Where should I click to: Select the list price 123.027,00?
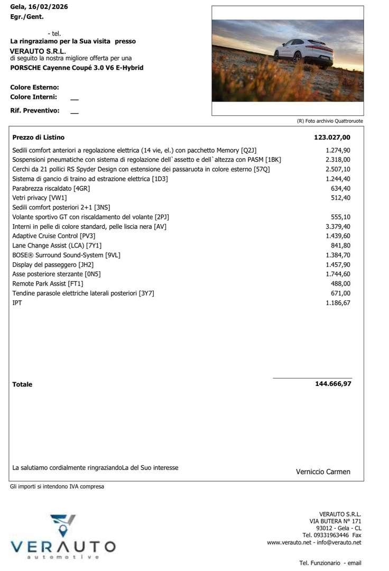point(332,137)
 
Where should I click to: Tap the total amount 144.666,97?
point(333,384)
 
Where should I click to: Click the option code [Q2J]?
point(248,150)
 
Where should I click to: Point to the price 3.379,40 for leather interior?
point(338,226)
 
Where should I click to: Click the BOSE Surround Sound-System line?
point(66,255)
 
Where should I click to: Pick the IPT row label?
point(17,302)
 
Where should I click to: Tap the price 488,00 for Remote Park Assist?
point(340,283)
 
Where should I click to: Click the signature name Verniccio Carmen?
point(323,472)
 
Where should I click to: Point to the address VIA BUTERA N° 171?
point(335,521)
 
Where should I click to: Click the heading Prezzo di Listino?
point(38,137)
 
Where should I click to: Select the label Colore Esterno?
point(34,87)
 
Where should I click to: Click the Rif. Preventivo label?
point(35,110)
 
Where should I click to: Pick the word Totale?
point(22,384)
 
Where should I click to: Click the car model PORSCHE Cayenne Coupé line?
point(77,68)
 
